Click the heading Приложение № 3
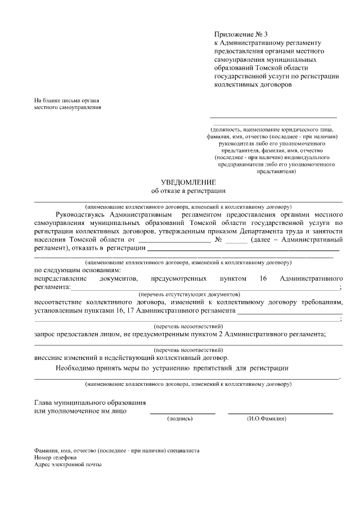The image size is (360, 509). tap(241, 35)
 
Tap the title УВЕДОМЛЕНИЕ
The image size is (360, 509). tap(188, 182)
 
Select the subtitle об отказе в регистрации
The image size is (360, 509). tap(188, 192)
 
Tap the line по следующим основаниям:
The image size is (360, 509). tap(73, 270)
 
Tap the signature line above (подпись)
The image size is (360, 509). tap(182, 413)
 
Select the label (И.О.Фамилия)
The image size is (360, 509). tap(266, 418)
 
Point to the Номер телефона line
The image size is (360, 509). tap(55, 458)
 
